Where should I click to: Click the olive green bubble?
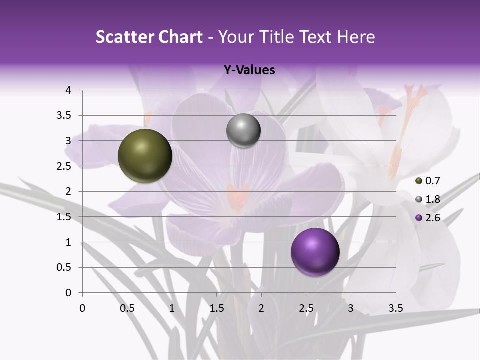[145, 156]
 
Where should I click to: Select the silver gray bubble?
[243, 131]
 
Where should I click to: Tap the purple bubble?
[315, 252]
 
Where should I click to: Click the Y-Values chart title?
[249, 70]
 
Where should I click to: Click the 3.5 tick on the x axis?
[395, 308]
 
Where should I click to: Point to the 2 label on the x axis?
[261, 308]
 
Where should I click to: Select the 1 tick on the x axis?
[172, 308]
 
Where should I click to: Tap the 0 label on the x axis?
[82, 308]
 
